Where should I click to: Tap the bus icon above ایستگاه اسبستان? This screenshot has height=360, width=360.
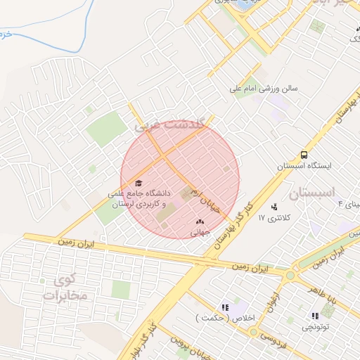click(304, 155)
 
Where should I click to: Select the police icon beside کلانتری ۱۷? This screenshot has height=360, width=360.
click(274, 207)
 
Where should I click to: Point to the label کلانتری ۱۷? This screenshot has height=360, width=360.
click(274, 219)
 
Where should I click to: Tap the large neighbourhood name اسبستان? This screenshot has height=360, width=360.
click(313, 192)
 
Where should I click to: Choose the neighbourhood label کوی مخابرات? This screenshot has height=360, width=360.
click(64, 288)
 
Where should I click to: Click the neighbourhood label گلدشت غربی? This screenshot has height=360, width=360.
click(171, 126)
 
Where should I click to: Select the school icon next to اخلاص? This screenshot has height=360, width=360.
click(225, 307)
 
